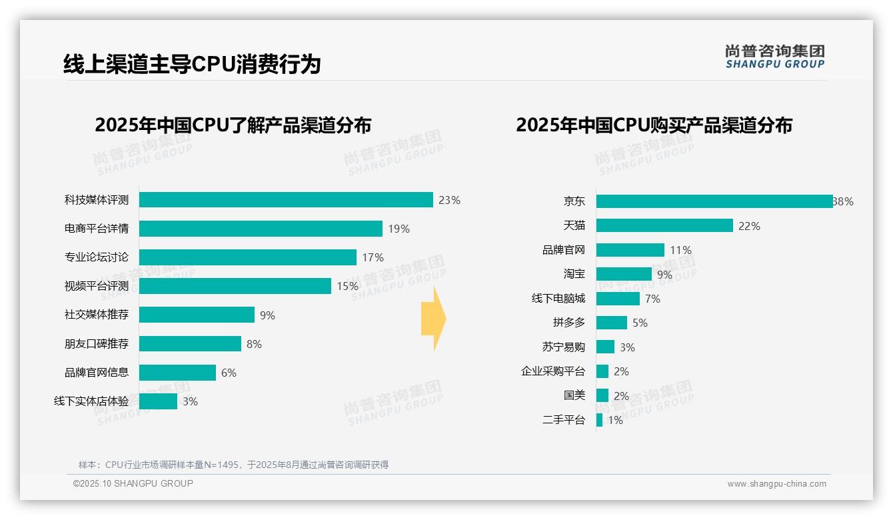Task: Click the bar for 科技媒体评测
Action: (286, 200)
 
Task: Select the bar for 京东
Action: (714, 201)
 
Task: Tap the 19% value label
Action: (399, 229)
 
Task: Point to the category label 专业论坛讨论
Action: (97, 257)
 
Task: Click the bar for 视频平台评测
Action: (235, 286)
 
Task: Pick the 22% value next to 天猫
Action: (749, 226)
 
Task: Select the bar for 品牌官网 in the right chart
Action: (630, 250)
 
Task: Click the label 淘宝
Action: (574, 274)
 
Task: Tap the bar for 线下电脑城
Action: (618, 299)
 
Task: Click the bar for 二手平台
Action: (599, 420)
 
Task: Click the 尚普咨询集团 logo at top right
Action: (774, 56)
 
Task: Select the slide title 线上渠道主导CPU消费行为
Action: (192, 64)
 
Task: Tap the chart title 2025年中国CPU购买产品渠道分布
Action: (654, 125)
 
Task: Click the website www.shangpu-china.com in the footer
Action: (776, 484)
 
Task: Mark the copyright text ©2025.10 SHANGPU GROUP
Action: (133, 483)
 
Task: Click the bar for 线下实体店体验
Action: (158, 401)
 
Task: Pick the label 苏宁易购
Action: (563, 347)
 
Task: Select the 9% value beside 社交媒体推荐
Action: (267, 315)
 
